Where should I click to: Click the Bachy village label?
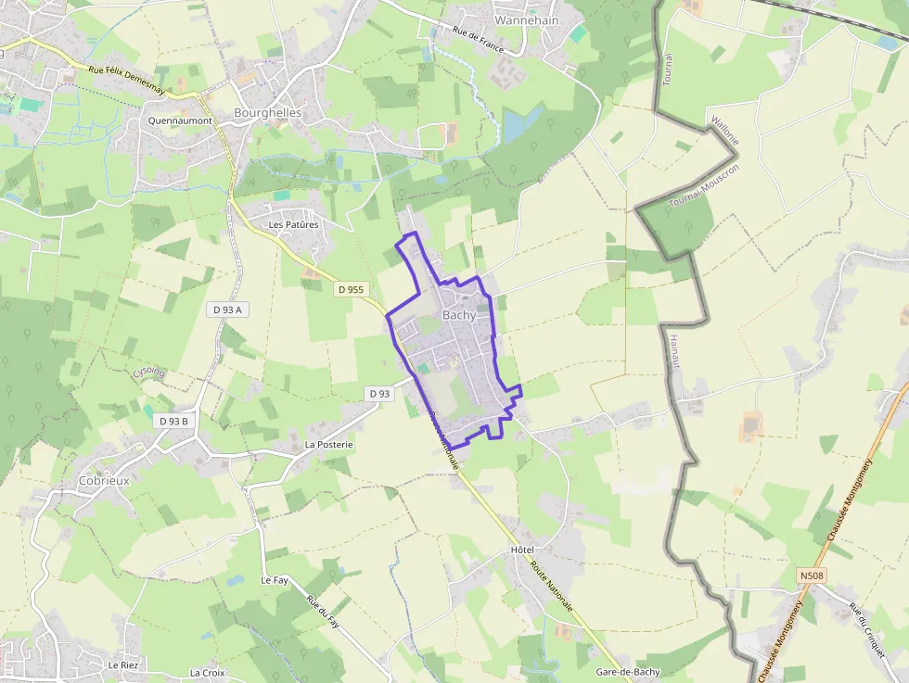[x=459, y=315]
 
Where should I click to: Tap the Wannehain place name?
[x=527, y=19]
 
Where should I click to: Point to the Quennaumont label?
[x=180, y=120]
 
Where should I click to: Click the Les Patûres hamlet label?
[x=293, y=224]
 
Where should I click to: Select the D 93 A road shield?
[x=226, y=310]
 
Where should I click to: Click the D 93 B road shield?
[x=173, y=421]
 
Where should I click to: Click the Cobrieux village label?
[x=104, y=481]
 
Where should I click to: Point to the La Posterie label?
[x=328, y=445]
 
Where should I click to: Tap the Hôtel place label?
[x=522, y=550]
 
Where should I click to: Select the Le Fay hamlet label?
[x=275, y=580]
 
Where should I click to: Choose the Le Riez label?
[x=122, y=665]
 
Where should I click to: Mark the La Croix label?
[x=208, y=673]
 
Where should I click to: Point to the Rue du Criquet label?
[x=867, y=631]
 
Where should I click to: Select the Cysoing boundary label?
[x=148, y=372]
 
